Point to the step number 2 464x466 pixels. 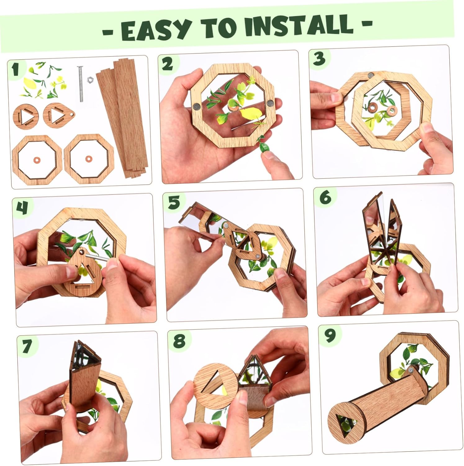pyautogui.click(x=167, y=64)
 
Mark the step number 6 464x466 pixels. pyautogui.click(x=325, y=197)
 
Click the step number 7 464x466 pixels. pyautogui.click(x=27, y=346)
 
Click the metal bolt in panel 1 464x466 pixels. pyautogui.click(x=81, y=84)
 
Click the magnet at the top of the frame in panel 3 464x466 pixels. pyautogui.click(x=371, y=75)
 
